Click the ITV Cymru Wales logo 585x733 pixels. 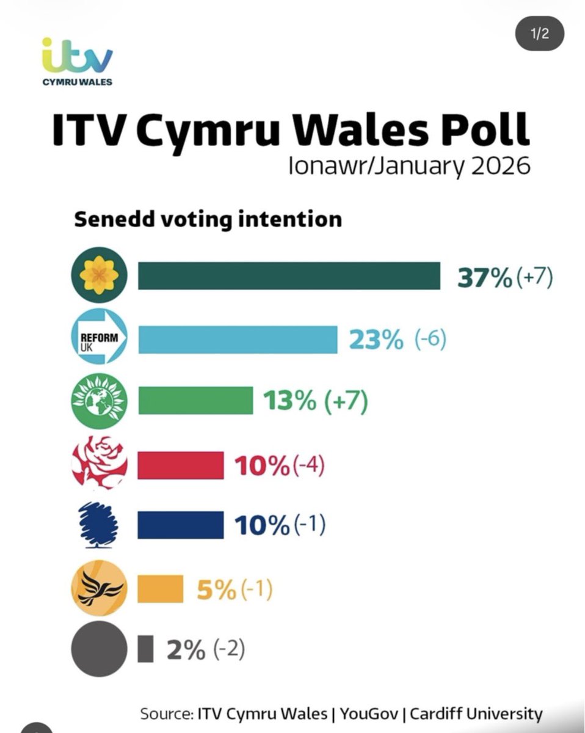[77, 61]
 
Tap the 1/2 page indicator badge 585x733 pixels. [539, 34]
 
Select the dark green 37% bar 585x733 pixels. [289, 275]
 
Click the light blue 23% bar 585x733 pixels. [238, 339]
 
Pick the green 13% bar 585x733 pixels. [195, 400]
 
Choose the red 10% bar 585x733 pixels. [180, 465]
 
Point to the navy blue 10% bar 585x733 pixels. [180, 525]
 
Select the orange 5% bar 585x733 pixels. [160, 588]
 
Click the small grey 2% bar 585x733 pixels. [145, 649]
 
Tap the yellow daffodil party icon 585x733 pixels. [99, 275]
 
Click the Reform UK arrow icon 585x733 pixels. [99, 338]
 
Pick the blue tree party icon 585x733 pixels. [99, 525]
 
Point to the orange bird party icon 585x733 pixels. [99, 588]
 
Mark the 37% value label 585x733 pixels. [485, 278]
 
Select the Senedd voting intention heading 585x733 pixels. [208, 219]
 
